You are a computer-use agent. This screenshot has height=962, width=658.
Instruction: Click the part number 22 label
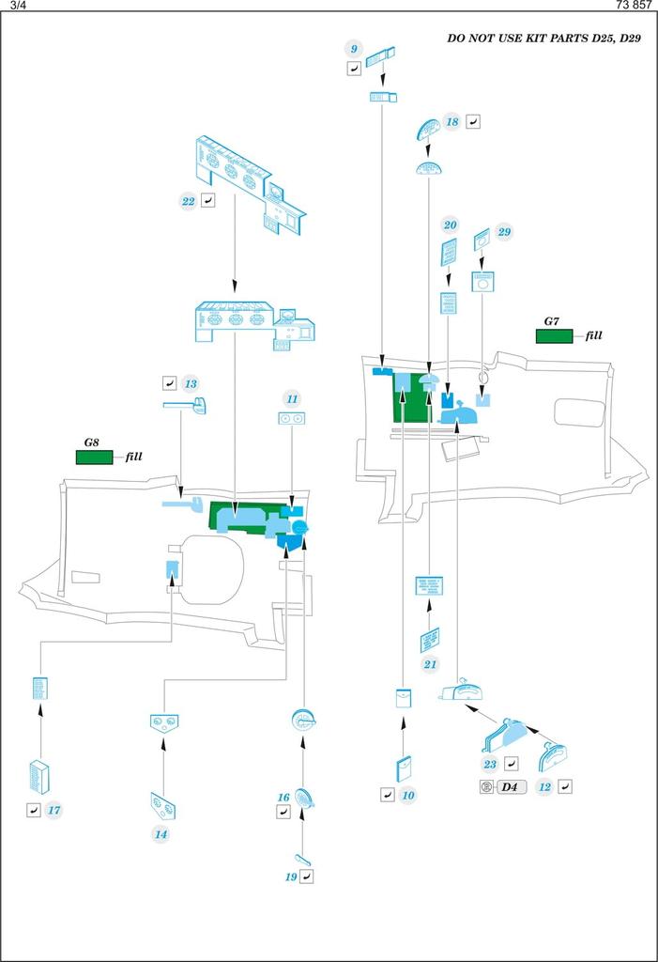coord(188,201)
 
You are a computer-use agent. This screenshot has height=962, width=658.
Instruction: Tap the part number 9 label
coord(354,49)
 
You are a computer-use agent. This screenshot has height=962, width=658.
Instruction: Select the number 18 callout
coord(452,122)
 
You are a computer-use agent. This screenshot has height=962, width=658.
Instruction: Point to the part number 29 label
coord(505,232)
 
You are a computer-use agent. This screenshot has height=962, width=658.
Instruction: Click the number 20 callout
coord(451,225)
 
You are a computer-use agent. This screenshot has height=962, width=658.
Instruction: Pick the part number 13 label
coord(191,383)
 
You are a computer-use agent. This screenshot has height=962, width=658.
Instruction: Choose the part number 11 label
coord(293,399)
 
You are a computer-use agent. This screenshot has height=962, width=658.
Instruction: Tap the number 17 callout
coord(54,809)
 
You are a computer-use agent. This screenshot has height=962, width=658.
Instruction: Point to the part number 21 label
coord(431,665)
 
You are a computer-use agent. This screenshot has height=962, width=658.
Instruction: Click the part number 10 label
coord(407,795)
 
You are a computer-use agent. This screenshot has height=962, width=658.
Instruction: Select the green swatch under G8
coord(93,458)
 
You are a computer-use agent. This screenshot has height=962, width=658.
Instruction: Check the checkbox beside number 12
coord(564,786)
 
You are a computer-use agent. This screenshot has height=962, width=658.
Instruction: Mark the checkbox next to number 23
coord(512,764)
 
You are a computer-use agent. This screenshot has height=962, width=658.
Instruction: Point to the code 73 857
coord(635,6)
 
